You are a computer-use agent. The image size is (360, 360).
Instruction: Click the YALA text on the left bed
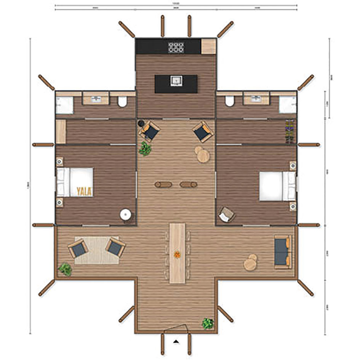click(84, 191)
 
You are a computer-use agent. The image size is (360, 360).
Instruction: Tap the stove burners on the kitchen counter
click(176, 47)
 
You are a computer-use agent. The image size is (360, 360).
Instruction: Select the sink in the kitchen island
click(176, 80)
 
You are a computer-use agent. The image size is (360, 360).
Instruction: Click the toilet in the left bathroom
click(122, 102)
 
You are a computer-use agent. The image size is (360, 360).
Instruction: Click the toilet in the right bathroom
click(230, 101)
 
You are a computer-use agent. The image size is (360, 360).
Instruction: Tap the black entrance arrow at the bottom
click(176, 341)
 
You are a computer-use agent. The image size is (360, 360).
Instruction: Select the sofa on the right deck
click(283, 252)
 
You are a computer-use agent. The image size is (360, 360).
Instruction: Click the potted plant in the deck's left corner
click(65, 269)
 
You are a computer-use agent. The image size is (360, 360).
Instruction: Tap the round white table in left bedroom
click(126, 215)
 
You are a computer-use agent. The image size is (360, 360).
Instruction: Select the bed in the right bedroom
click(277, 186)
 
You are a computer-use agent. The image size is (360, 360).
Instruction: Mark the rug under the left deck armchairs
click(97, 250)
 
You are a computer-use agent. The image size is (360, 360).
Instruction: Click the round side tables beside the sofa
click(250, 262)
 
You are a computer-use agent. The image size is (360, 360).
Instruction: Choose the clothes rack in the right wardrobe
click(290, 132)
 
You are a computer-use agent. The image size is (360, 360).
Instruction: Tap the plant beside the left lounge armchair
click(145, 149)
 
